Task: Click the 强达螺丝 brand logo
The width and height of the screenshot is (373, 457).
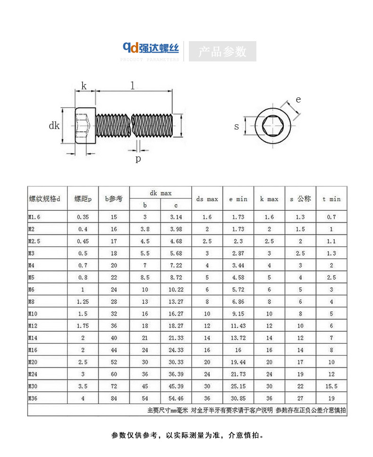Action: (x=151, y=48)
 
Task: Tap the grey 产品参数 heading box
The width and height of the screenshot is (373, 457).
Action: (x=222, y=51)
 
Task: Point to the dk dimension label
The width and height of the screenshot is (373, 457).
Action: (x=54, y=126)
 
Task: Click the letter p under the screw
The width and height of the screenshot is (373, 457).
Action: (x=138, y=159)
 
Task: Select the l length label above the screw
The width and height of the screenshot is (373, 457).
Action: (x=132, y=86)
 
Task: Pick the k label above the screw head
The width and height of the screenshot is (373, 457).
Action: (x=84, y=86)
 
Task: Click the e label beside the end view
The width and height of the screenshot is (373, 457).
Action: (x=298, y=99)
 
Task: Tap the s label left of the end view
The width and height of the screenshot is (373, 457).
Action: (x=237, y=127)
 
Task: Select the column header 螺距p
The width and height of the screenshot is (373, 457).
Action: (x=83, y=199)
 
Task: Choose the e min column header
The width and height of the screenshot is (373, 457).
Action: (x=238, y=199)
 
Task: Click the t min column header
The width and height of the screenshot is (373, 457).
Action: (x=331, y=199)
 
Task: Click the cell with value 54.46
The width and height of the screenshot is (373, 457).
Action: (x=176, y=398)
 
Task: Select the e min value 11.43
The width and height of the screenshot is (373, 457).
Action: (x=238, y=326)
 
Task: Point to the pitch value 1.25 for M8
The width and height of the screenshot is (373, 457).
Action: (x=83, y=302)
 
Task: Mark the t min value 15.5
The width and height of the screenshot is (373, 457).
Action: (x=331, y=386)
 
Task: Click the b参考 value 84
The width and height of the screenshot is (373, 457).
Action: (x=114, y=398)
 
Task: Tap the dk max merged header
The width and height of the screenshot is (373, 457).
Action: (x=161, y=193)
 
